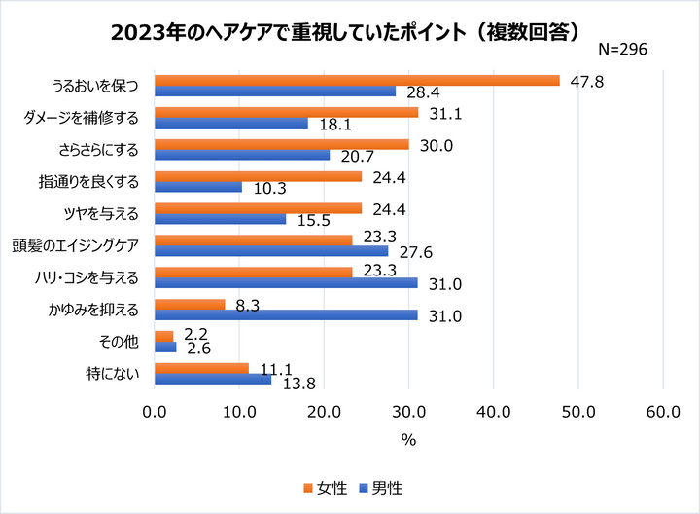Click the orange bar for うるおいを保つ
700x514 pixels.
pyautogui.click(x=357, y=80)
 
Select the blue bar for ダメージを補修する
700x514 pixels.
pyautogui.click(x=231, y=124)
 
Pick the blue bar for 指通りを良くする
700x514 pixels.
pyautogui.click(x=198, y=187)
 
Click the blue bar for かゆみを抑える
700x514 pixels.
pyautogui.click(x=286, y=314)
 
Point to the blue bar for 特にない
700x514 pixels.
pyautogui.click(x=213, y=379)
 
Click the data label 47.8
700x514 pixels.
pyautogui.click(x=587, y=82)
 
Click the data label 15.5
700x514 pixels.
pyautogui.click(x=313, y=221)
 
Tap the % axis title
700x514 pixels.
pyautogui.click(x=408, y=439)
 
